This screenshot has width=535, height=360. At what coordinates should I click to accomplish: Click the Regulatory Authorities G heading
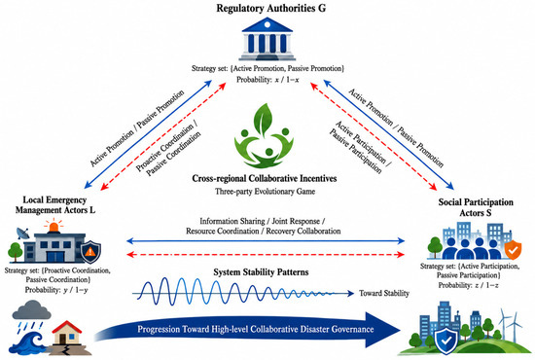click(271, 8)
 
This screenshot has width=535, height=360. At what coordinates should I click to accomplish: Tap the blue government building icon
click(267, 40)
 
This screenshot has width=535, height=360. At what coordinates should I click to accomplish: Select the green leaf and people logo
click(264, 135)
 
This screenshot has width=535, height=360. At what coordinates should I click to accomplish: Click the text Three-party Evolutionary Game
click(265, 192)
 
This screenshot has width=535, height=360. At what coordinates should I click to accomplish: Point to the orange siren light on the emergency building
click(53, 226)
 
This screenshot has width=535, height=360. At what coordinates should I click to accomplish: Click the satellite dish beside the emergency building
click(23, 234)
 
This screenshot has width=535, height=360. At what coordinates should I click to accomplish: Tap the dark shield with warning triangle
click(90, 252)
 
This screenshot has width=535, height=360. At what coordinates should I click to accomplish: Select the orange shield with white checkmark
click(513, 250)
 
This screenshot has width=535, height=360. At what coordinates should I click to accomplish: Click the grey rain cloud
click(31, 309)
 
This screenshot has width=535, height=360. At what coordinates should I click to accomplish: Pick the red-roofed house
click(66, 333)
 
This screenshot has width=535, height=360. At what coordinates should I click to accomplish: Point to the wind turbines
click(510, 324)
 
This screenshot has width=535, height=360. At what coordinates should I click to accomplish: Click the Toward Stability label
click(384, 293)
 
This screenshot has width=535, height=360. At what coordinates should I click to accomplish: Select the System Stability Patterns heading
click(261, 272)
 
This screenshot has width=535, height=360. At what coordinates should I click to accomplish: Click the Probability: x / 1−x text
click(267, 80)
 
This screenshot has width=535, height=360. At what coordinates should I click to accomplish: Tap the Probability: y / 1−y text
click(56, 290)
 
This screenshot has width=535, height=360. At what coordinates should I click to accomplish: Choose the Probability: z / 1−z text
click(468, 285)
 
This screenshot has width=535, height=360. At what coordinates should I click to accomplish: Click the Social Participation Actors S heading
click(476, 207)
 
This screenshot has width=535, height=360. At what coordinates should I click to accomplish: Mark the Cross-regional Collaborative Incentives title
click(265, 178)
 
